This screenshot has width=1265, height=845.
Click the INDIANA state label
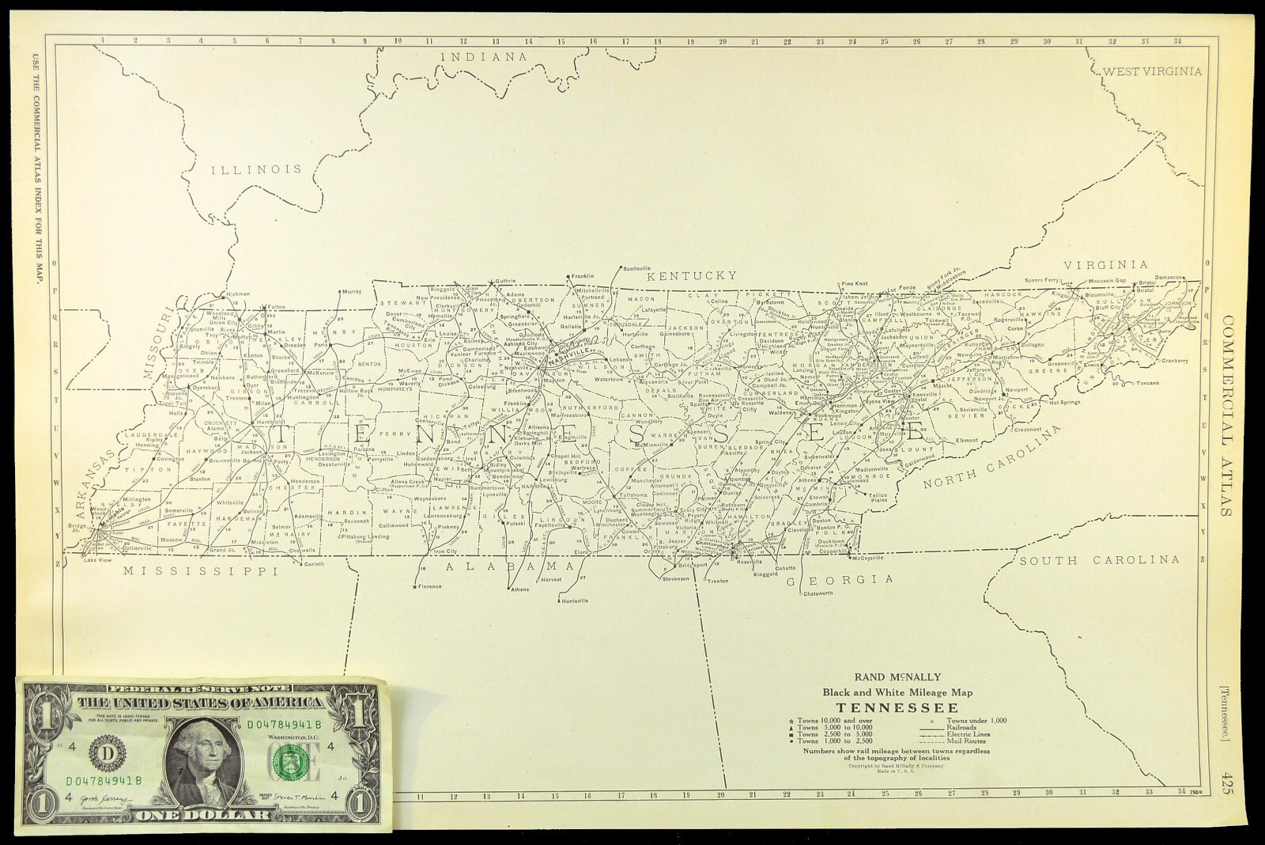484,56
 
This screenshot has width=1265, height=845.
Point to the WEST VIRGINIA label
1152,71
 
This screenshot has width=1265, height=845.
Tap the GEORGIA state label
840,580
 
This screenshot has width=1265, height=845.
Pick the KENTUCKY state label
692,275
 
